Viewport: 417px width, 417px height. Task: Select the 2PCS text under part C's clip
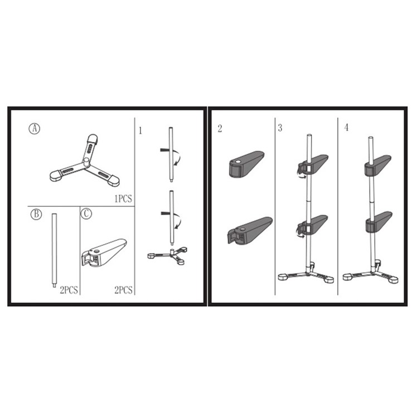pyautogui.click(x=123, y=290)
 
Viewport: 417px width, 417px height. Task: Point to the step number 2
pyautogui.click(x=220, y=128)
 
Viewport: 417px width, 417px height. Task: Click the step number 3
pyautogui.click(x=280, y=128)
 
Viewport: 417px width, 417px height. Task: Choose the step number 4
pyautogui.click(x=346, y=128)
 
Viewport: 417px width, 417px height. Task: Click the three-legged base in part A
pyautogui.click(x=85, y=164)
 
